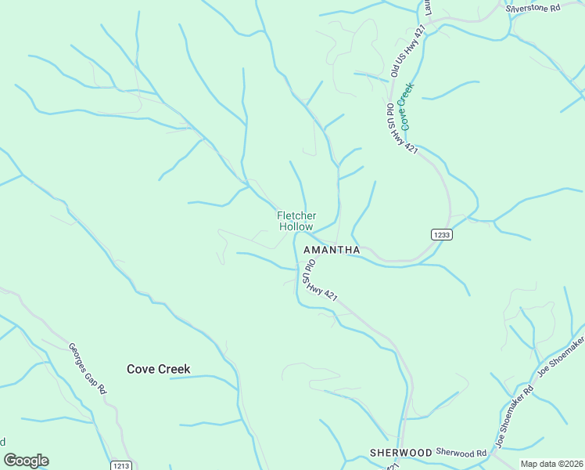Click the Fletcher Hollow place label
(296, 221)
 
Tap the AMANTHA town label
(331, 250)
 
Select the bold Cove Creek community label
(159, 369)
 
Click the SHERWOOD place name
(401, 453)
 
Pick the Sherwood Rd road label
(457, 452)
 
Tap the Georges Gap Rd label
(88, 369)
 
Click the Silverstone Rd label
(533, 8)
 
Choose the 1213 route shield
(120, 465)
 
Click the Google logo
(26, 461)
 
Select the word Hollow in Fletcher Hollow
(296, 226)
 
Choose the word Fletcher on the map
(296, 215)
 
